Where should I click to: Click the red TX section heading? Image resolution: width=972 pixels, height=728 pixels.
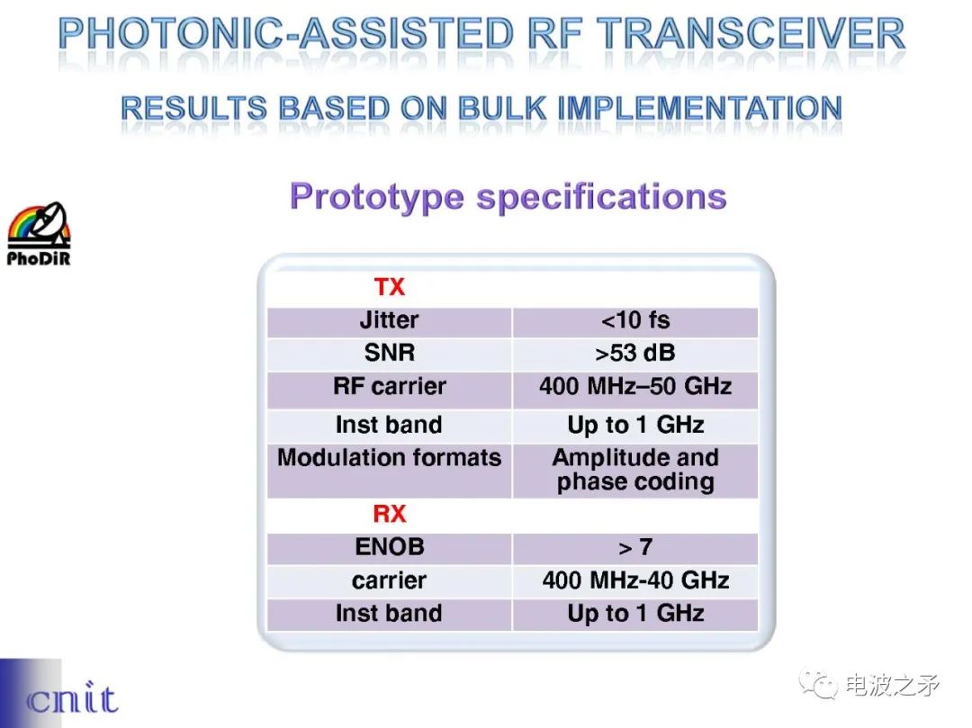(x=390, y=287)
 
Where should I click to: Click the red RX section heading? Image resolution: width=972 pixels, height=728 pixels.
(x=390, y=514)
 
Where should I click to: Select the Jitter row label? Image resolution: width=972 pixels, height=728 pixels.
(x=390, y=320)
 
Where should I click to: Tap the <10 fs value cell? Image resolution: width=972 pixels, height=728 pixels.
(x=635, y=320)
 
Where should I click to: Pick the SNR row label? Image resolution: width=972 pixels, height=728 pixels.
(x=390, y=353)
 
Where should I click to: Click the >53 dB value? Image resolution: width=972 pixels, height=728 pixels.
(x=635, y=353)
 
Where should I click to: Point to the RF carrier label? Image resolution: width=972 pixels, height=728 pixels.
(x=390, y=386)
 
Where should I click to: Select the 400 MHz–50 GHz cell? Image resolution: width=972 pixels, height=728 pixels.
(x=635, y=386)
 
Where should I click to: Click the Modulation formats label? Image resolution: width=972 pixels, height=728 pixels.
(x=390, y=457)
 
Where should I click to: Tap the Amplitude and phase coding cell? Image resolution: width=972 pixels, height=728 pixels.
(x=635, y=470)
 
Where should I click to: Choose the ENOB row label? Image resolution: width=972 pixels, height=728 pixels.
(x=390, y=547)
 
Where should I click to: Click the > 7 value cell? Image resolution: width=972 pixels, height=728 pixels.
(x=635, y=547)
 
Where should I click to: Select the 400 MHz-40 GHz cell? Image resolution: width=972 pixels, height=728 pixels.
(x=635, y=580)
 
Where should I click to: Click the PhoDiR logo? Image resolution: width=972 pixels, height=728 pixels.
(x=39, y=234)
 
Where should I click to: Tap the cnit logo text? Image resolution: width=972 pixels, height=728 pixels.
(x=72, y=699)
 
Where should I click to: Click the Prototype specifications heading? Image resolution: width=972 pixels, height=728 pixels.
(x=508, y=197)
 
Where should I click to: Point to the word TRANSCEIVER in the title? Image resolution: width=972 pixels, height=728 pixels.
(x=750, y=34)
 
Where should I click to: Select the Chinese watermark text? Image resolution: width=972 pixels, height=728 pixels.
(x=891, y=685)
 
